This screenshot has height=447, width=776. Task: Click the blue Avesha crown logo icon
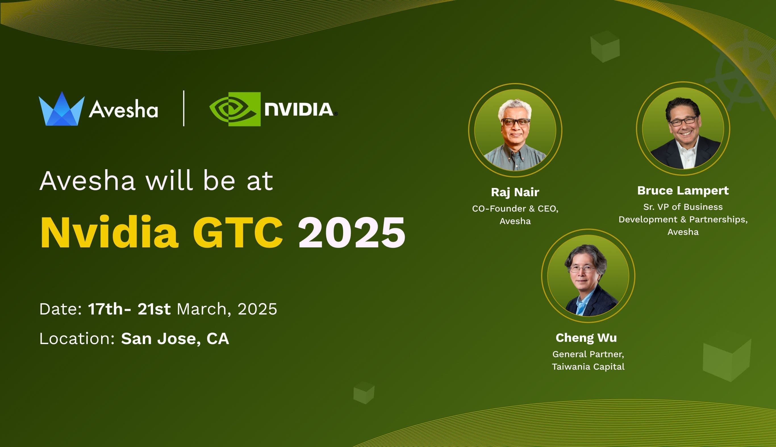pyautogui.click(x=61, y=109)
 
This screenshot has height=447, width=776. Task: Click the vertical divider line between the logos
pyautogui.click(x=184, y=108)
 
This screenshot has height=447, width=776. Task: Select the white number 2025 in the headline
pyautogui.click(x=351, y=232)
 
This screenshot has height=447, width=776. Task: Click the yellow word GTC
pyautogui.click(x=238, y=232)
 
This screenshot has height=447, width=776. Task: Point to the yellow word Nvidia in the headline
pyautogui.click(x=109, y=232)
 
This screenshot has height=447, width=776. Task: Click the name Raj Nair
pyautogui.click(x=515, y=192)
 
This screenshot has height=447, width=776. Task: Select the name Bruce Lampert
pyautogui.click(x=683, y=191)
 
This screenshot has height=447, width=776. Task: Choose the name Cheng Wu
pyautogui.click(x=586, y=338)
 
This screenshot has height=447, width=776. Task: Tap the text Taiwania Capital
pyautogui.click(x=588, y=367)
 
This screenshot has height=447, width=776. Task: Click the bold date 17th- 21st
pyautogui.click(x=129, y=309)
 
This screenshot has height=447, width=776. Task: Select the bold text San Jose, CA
pyautogui.click(x=175, y=339)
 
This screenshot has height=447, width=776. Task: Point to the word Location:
pyautogui.click(x=77, y=339)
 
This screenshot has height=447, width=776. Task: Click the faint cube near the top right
pyautogui.click(x=605, y=46)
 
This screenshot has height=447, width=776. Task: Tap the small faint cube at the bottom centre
pyautogui.click(x=364, y=393)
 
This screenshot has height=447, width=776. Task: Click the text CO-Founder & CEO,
pyautogui.click(x=515, y=209)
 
